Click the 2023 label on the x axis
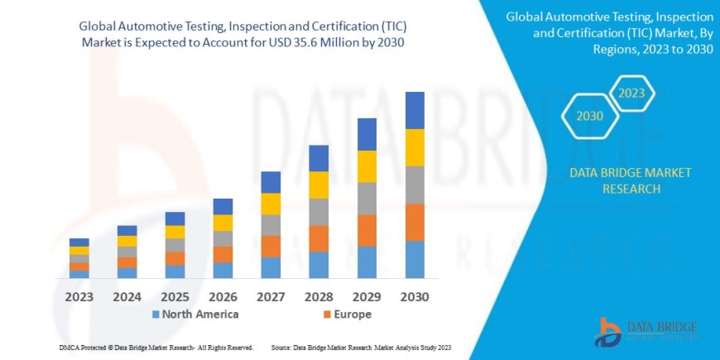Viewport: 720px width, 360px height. (79, 295)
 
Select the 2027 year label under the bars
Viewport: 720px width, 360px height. (271, 295)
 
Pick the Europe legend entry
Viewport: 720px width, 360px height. (346, 314)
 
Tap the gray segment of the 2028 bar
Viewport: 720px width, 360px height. (319, 212)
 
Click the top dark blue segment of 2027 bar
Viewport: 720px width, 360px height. (271, 182)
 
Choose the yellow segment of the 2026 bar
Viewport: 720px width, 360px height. (223, 223)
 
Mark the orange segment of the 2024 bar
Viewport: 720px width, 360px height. (127, 262)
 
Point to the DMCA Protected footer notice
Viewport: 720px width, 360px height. (156, 347)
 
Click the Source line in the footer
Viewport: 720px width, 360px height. (360, 347)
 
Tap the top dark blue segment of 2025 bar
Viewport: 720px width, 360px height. (175, 218)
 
